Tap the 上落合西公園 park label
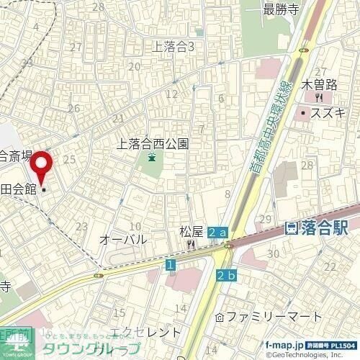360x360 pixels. click(153, 144)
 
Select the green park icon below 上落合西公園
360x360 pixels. click(152, 158)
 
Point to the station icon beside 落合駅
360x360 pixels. click(292, 228)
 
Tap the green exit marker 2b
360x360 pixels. click(225, 275)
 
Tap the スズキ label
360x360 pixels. click(329, 112)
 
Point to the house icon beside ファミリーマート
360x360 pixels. click(221, 317)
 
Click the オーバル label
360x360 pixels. click(123, 239)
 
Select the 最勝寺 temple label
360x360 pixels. click(279, 9)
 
